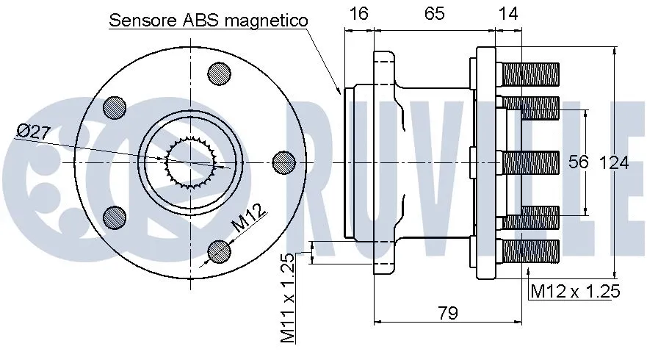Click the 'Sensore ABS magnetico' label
pos(209,21)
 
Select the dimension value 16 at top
pos(359,13)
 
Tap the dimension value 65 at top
pos(434,13)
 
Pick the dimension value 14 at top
pos(507,13)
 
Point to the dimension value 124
pos(614,162)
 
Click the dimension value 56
pos(579,162)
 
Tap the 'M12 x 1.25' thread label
pos(576,292)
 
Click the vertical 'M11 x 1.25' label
pos(288,298)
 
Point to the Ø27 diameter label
pos(33,132)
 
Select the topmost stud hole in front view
pos(220,72)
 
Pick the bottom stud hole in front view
pos(220,251)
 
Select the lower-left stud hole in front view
pos(115,216)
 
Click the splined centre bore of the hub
pos(189,162)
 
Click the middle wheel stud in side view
pos(530,162)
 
